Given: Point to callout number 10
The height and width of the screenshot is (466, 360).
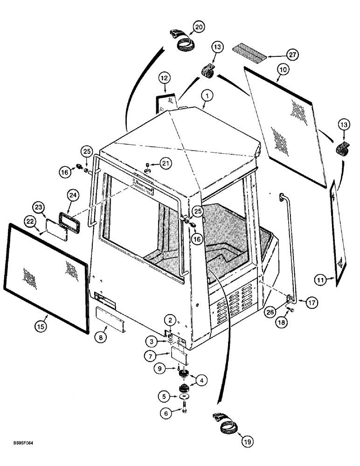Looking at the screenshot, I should [283, 69].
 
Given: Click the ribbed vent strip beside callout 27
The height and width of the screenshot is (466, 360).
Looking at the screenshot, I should [250, 50].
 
